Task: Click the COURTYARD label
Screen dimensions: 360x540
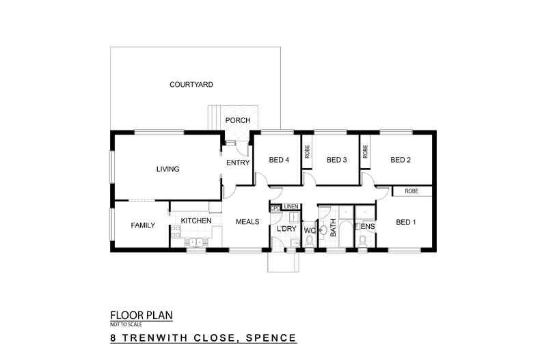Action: [191, 85]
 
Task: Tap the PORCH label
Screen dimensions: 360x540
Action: [238, 120]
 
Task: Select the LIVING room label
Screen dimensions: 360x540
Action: [167, 169]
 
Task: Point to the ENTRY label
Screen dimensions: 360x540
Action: [238, 162]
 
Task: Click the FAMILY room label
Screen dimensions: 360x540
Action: [143, 225]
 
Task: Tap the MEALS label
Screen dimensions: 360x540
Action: [247, 221]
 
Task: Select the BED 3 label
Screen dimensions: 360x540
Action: [337, 161]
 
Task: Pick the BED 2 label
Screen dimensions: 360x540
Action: [401, 161]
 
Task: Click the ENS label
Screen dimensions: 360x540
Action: [368, 226]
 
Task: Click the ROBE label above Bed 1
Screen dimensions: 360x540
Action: [411, 191]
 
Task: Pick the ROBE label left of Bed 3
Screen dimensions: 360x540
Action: [308, 151]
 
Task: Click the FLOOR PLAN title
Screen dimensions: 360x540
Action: [141, 316]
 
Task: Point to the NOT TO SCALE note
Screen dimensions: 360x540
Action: [125, 324]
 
